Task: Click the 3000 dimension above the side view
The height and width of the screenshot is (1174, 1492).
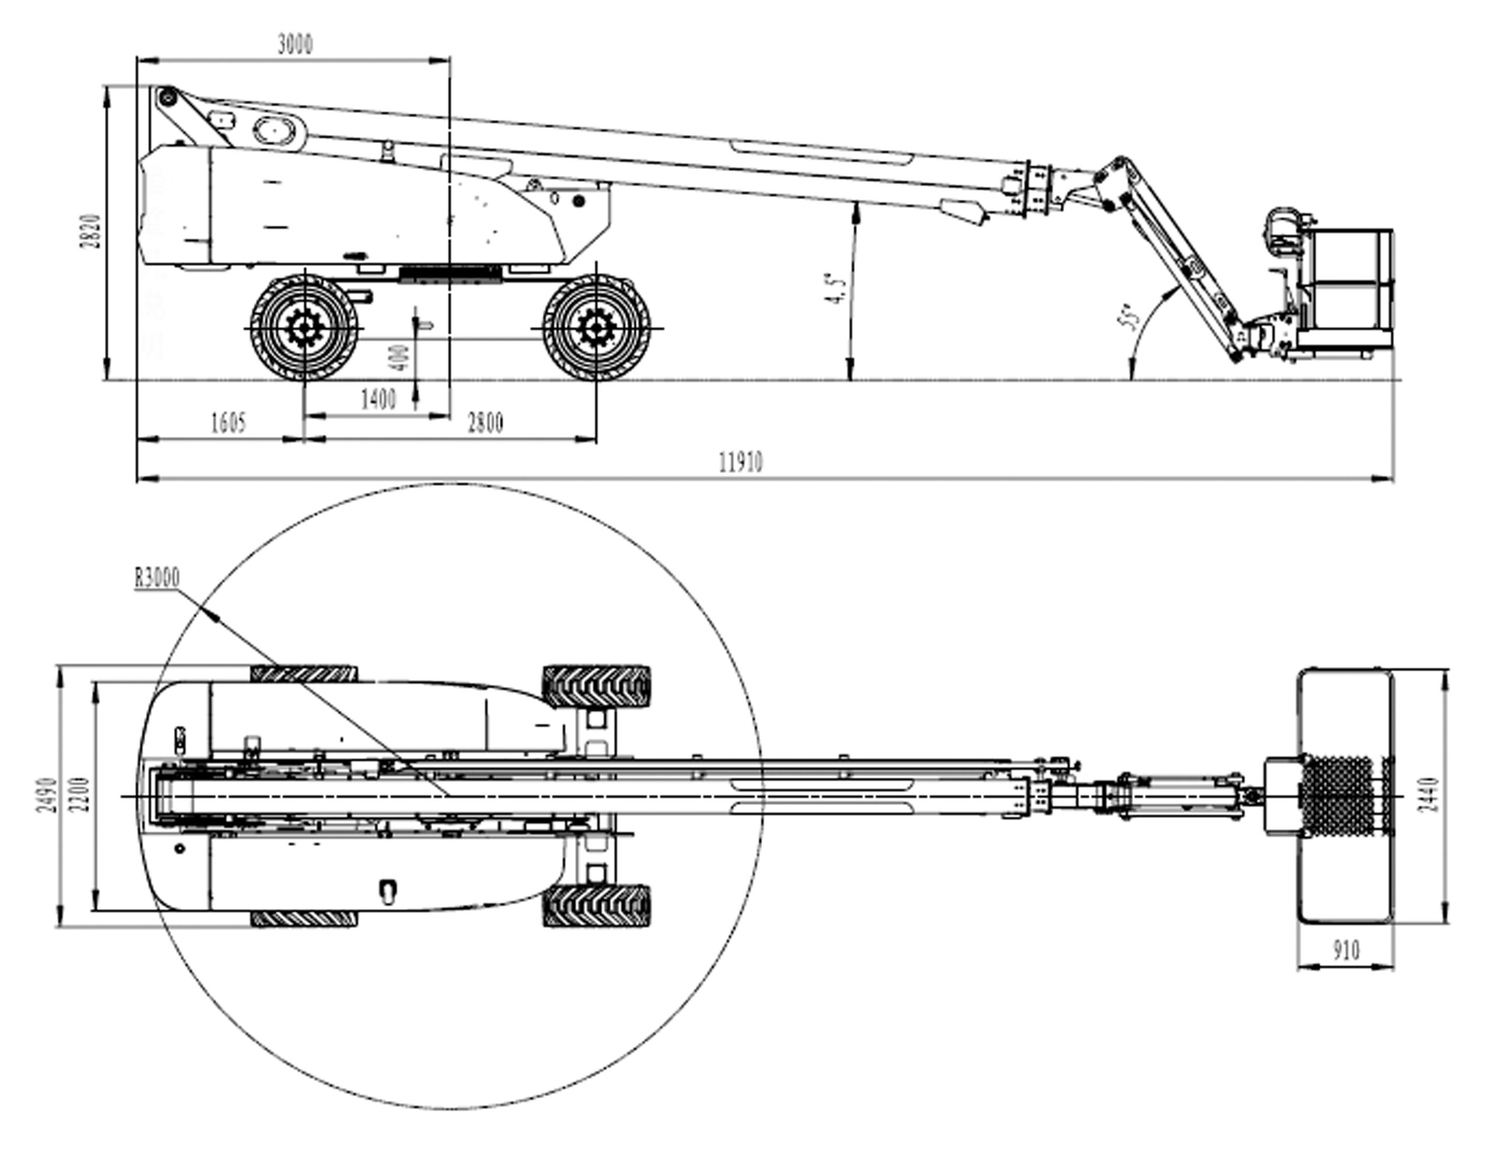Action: pyautogui.click(x=295, y=45)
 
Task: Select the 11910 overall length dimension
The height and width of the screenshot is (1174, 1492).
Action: pyautogui.click(x=741, y=463)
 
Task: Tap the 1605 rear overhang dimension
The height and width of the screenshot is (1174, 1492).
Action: pyautogui.click(x=227, y=423)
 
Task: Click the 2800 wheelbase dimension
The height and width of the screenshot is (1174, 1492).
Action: pyautogui.click(x=485, y=423)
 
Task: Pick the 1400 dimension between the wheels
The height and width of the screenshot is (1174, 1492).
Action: pyautogui.click(x=378, y=399)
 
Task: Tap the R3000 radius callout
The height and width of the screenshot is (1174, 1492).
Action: pyautogui.click(x=157, y=578)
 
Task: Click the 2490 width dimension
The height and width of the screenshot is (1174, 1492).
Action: pyautogui.click(x=47, y=795)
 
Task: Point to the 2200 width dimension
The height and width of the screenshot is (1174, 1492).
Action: pyautogui.click(x=80, y=795)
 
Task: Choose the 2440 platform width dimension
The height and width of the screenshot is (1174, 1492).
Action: pyautogui.click(x=1428, y=795)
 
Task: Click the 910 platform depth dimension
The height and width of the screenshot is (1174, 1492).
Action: pyautogui.click(x=1346, y=951)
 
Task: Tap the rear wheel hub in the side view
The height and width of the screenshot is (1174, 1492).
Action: pyautogui.click(x=302, y=329)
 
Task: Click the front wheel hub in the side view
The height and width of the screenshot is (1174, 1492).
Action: pyautogui.click(x=596, y=329)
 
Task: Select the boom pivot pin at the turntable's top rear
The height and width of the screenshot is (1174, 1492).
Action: pyautogui.click(x=166, y=98)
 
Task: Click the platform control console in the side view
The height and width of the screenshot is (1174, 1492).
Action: pyautogui.click(x=1283, y=230)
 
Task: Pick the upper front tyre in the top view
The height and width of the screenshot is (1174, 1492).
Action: pyautogui.click(x=596, y=687)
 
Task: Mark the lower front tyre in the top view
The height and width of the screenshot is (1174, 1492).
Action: pyautogui.click(x=596, y=906)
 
